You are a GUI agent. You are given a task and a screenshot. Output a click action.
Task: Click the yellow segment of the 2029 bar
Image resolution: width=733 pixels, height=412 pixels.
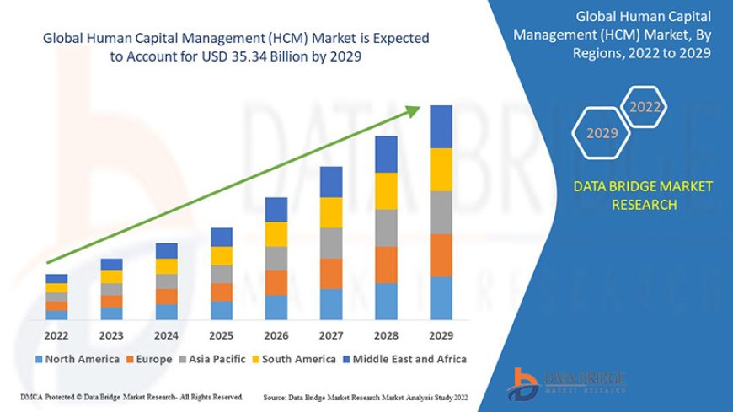pyautogui.click(x=441, y=169)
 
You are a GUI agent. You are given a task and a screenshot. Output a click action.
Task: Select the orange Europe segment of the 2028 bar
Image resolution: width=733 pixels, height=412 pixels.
pyautogui.click(x=386, y=265)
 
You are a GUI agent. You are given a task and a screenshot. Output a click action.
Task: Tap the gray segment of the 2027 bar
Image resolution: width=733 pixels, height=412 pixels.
pyautogui.click(x=331, y=243)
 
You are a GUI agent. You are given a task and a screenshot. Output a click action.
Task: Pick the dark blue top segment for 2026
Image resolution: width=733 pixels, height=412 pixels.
pyautogui.click(x=276, y=210)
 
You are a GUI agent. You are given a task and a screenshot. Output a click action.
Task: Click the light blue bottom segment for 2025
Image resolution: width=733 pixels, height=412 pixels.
pyautogui.click(x=222, y=311)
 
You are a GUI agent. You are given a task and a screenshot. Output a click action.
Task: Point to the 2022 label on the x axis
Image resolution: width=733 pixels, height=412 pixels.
pyautogui.click(x=56, y=335)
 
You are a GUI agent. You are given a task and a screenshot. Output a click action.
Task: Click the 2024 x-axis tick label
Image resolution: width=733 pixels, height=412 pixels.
pyautogui.click(x=167, y=335)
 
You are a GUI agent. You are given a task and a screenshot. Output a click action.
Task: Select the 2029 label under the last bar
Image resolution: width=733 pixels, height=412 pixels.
pyautogui.click(x=441, y=335)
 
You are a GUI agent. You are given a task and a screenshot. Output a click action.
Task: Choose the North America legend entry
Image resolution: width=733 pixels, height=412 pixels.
pyautogui.click(x=77, y=359)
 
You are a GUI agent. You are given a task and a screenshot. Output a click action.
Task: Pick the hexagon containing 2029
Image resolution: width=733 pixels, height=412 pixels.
pyautogui.click(x=602, y=133)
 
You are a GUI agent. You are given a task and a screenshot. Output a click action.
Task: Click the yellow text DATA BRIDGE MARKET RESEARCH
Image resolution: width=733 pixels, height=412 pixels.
pyautogui.click(x=643, y=195)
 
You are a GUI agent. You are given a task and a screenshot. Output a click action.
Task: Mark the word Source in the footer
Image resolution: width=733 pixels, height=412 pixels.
pyautogui.click(x=276, y=397)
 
